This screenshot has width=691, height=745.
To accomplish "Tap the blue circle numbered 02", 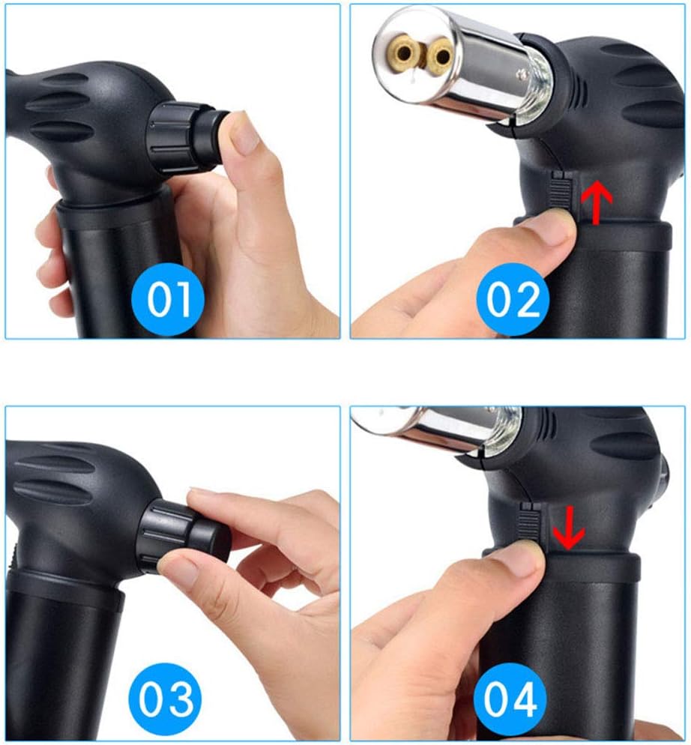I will tap(513, 299).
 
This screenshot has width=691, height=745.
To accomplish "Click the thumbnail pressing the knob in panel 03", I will tap(180, 573).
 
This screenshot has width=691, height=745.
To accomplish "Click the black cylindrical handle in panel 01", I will tap(112, 270).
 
